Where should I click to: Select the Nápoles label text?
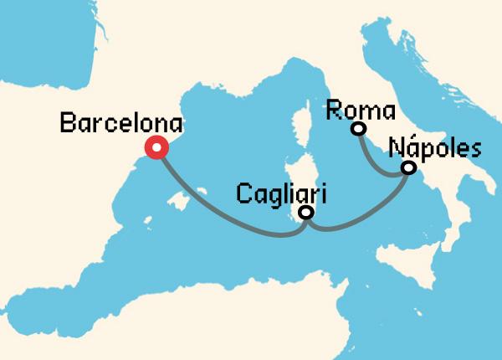(x=436, y=148)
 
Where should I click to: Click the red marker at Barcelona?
(x=156, y=147)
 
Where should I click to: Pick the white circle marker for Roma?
(x=359, y=128)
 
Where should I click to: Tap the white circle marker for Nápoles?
(x=408, y=167)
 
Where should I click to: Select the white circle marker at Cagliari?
(x=306, y=213)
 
